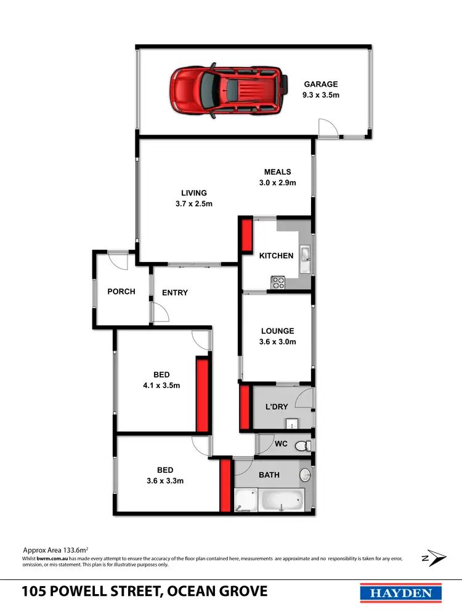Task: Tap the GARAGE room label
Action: [x=320, y=85]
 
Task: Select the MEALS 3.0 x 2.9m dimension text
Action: [x=278, y=183]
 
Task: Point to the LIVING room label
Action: [x=193, y=193]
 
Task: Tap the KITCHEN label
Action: [x=276, y=256]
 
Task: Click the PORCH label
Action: [x=121, y=292]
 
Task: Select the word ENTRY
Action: [x=175, y=293]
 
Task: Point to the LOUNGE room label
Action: [x=277, y=331]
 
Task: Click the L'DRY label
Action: [x=277, y=407]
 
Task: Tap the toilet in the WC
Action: [x=302, y=445]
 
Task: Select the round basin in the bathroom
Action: [x=304, y=475]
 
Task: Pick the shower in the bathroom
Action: [x=246, y=499]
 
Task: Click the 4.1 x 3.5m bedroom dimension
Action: [x=162, y=386]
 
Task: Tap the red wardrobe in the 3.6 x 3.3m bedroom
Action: [x=225, y=486]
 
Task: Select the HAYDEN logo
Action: [x=400, y=593]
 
